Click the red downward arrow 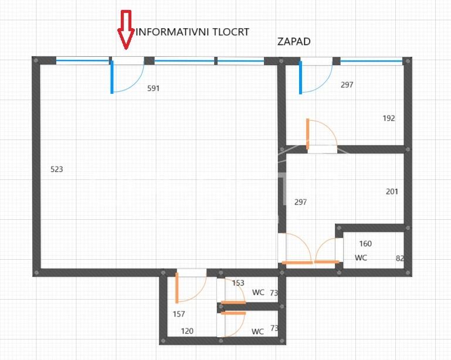tap(126, 30)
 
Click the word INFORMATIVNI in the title tap(172, 32)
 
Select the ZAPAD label tap(294, 42)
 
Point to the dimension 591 tap(153, 89)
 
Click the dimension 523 tap(57, 169)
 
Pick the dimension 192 tap(389, 118)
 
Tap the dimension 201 tap(392, 192)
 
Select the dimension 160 tap(365, 244)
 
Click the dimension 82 tap(400, 259)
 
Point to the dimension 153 tap(238, 283)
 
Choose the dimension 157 tap(179, 314)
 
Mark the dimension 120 tap(187, 331)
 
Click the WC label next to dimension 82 tap(361, 257)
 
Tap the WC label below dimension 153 tap(258, 293)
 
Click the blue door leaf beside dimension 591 tap(112, 77)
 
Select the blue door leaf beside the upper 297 tap(301, 77)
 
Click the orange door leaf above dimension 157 tap(177, 288)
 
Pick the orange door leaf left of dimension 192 tap(307, 134)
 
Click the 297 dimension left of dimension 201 tap(301, 202)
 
